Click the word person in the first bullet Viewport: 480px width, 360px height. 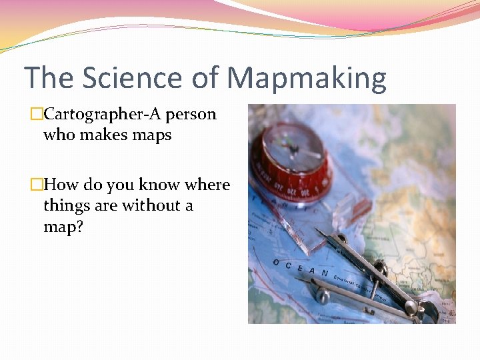click(191, 115)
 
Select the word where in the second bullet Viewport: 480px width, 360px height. click(207, 185)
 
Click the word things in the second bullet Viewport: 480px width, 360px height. click(65, 205)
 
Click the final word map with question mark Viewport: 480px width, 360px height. click(63, 227)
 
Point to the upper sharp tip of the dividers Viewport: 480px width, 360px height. click(319, 231)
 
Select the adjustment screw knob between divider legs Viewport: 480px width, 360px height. click(380, 269)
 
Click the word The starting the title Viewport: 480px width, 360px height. click(49, 78)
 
